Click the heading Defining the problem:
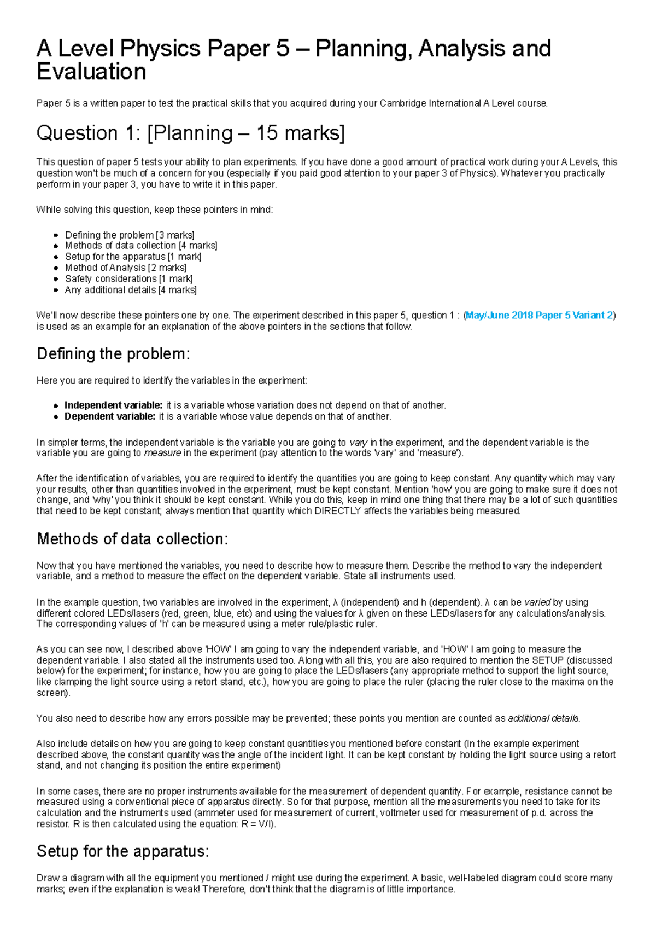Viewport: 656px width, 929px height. point(113,354)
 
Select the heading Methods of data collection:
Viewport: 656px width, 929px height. point(132,539)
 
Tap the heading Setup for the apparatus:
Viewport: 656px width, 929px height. point(123,851)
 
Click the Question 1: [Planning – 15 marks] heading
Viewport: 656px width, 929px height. point(190,133)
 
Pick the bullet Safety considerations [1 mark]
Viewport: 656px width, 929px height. point(128,279)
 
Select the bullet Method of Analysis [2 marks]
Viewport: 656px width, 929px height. point(125,268)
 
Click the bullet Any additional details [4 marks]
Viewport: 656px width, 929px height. point(131,290)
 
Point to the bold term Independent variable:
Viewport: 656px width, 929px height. point(113,405)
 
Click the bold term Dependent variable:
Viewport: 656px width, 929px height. point(110,416)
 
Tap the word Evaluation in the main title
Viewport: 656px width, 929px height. point(91,72)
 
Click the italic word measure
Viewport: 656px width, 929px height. point(162,453)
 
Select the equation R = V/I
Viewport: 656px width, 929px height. point(257,824)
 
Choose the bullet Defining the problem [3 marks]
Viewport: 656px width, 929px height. point(130,235)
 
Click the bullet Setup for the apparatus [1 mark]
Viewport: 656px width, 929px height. point(133,257)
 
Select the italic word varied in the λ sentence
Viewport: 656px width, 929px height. point(537,602)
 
